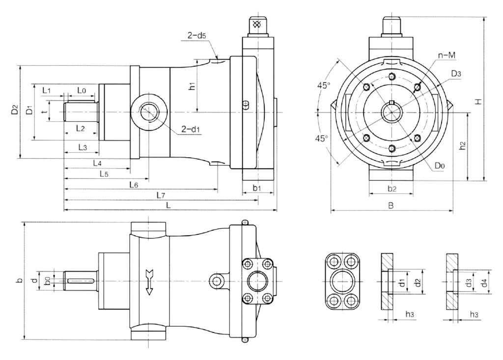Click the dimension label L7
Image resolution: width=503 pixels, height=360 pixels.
[x=160, y=195]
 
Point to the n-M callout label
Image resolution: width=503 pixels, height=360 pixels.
[x=447, y=55]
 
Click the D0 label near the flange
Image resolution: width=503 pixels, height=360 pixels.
[x=440, y=166]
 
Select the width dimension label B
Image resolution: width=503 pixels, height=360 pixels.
[x=391, y=206]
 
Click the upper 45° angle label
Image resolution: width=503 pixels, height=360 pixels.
[x=324, y=85]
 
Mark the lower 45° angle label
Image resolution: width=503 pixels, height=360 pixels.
[x=322, y=138]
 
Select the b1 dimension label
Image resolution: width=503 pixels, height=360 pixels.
[x=256, y=188]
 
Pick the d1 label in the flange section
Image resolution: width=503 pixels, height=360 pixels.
[x=401, y=283]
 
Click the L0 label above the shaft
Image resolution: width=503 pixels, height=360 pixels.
[x=82, y=90]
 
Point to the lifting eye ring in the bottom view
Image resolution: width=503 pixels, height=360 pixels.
[x=216, y=281]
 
